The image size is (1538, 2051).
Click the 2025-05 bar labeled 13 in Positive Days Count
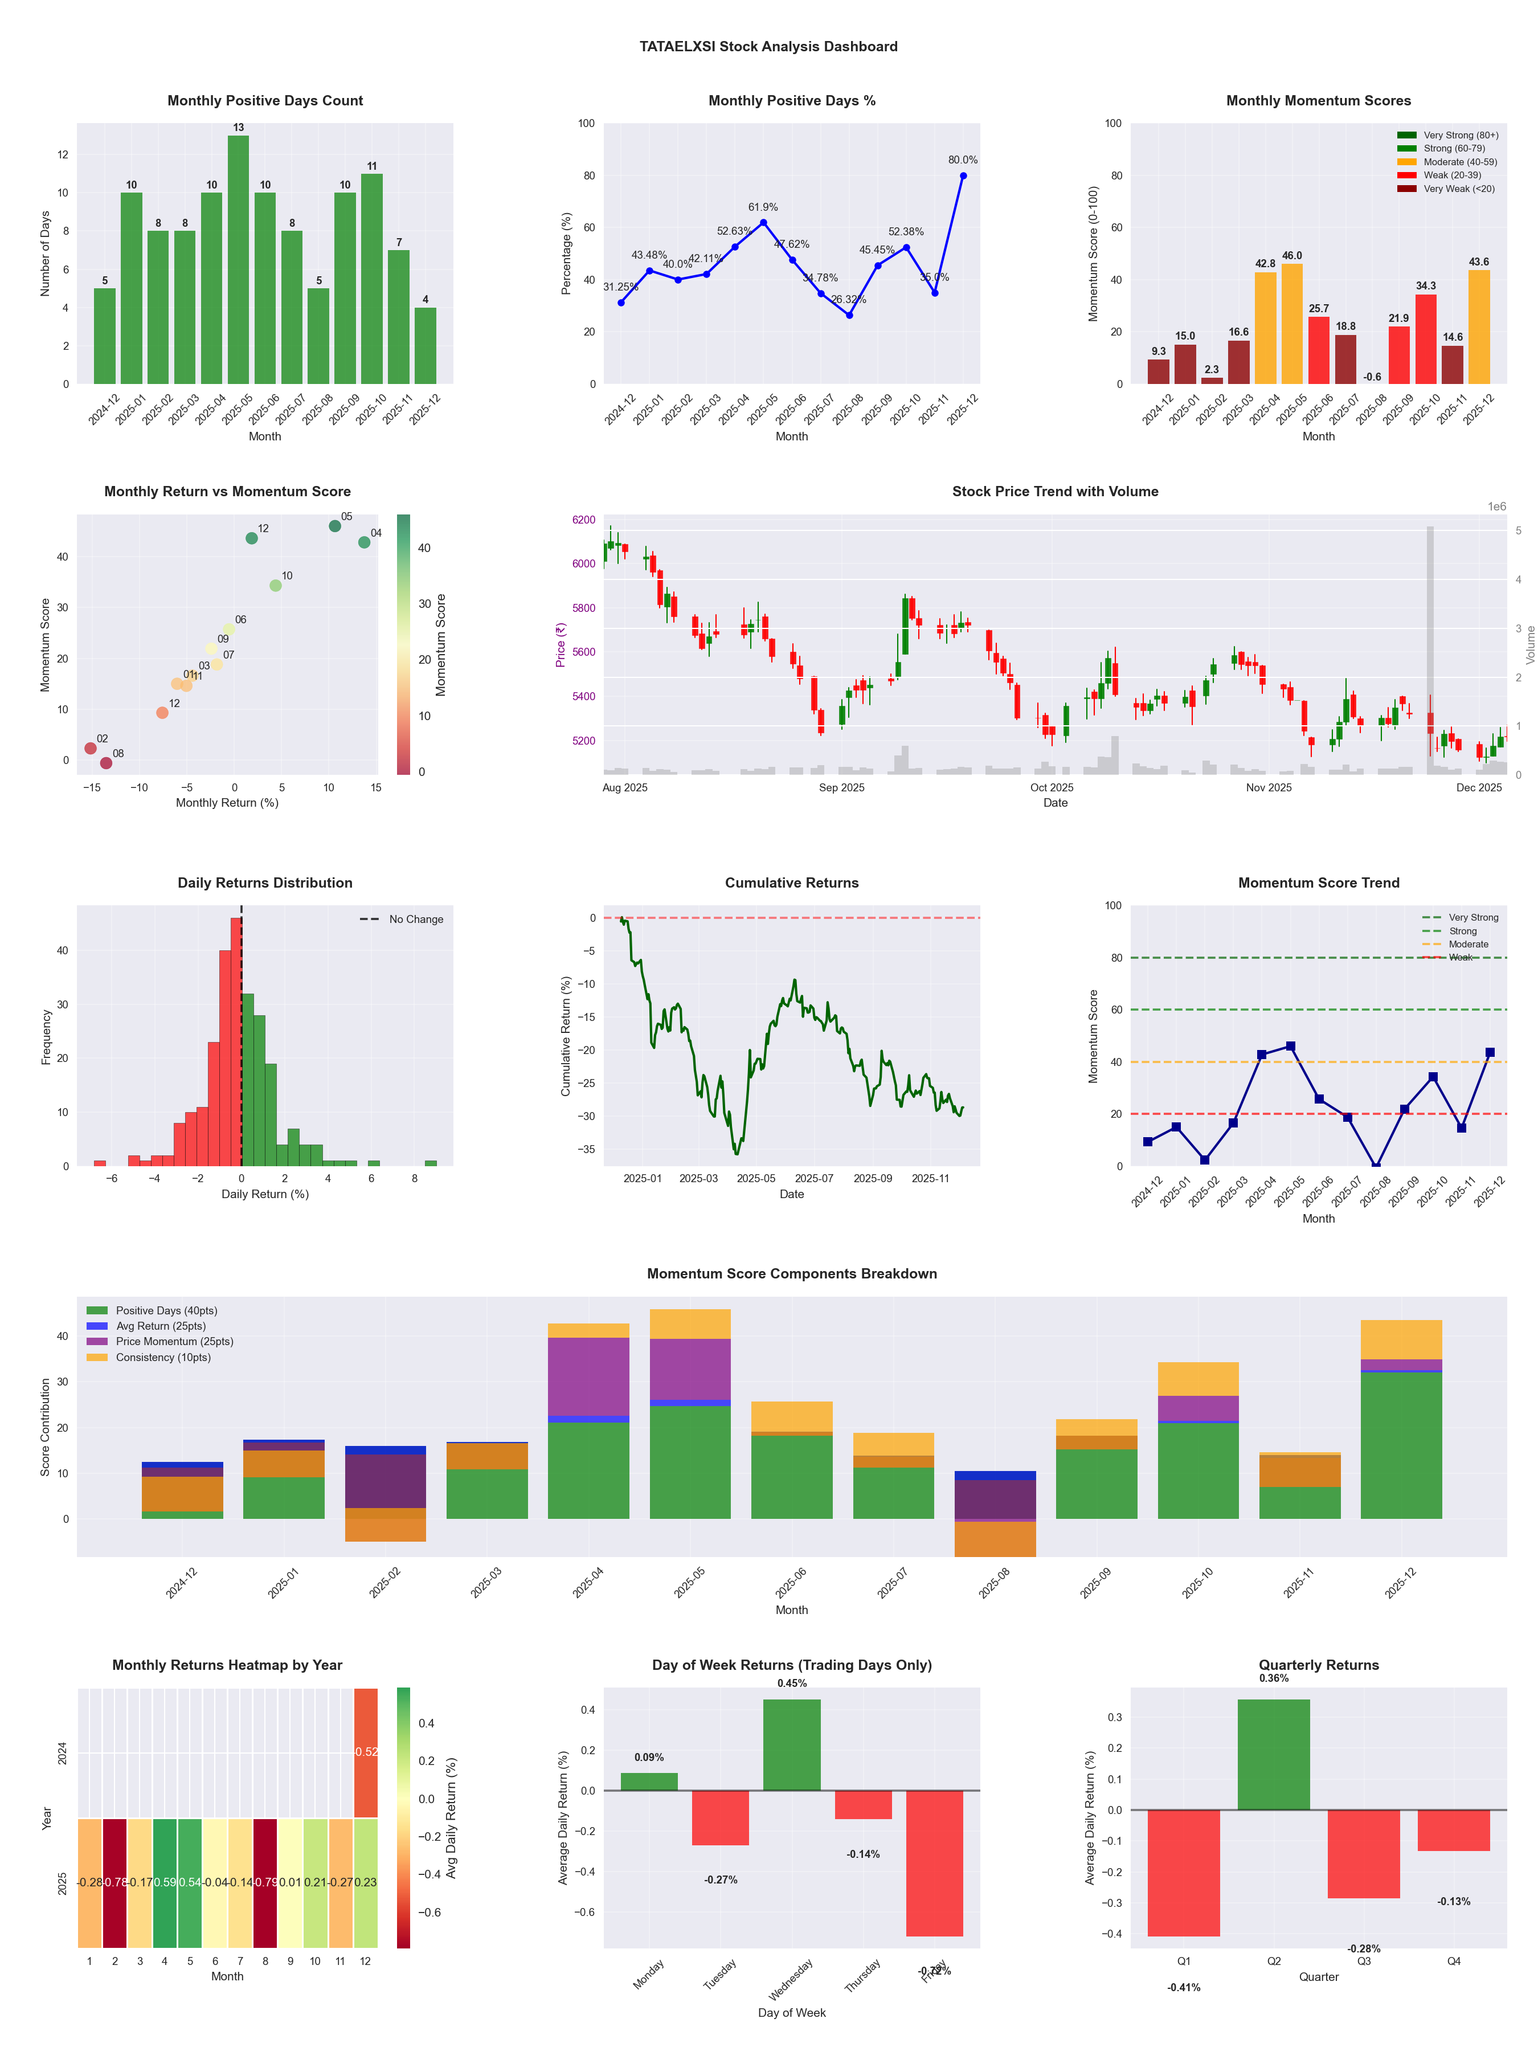click(x=238, y=260)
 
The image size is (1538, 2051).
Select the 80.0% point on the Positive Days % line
click(x=963, y=176)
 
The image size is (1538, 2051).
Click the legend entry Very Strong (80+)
click(x=1460, y=136)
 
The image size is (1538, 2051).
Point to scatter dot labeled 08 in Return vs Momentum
click(x=106, y=763)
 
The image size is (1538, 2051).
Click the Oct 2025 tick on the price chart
click(x=1052, y=788)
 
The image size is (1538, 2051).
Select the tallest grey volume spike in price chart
click(x=1430, y=649)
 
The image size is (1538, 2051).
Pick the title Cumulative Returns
click(x=792, y=882)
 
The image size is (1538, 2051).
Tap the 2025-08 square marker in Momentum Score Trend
click(x=1376, y=1166)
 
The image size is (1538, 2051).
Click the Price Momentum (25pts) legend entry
click(x=174, y=1342)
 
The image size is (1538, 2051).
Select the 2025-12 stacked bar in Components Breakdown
click(x=1401, y=1419)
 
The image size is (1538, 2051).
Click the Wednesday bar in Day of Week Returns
click(x=792, y=1744)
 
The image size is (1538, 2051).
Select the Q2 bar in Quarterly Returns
click(x=1274, y=1754)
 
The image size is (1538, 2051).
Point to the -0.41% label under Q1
click(x=1184, y=1988)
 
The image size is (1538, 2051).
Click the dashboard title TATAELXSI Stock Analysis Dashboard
click(x=768, y=46)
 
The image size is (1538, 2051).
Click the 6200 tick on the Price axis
click(x=584, y=520)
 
